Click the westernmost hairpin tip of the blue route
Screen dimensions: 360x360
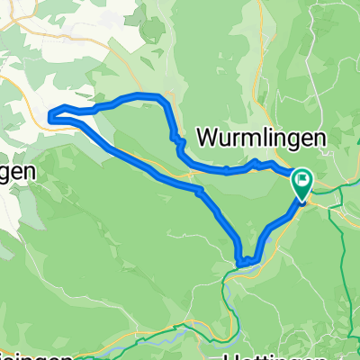pyautogui.click(x=50, y=113)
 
